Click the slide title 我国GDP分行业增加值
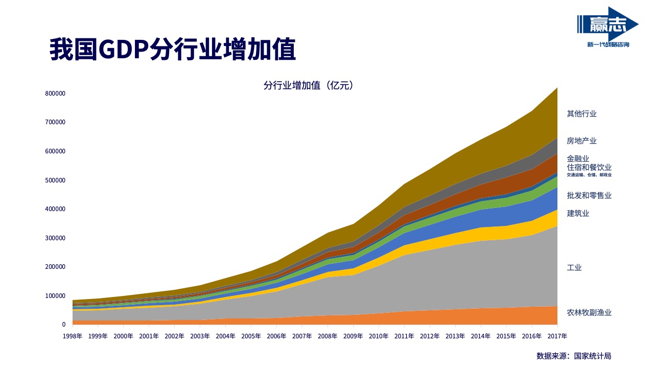173,50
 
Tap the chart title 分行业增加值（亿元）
309,86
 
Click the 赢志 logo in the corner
608,28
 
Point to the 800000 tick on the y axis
55,94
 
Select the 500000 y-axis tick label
55,180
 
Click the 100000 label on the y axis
55,296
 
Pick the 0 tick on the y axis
64,325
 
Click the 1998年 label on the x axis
73,336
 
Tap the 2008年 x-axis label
328,336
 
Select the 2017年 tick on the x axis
557,336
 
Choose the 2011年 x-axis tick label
404,336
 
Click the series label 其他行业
581,114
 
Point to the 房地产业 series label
581,141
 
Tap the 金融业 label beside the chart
578,158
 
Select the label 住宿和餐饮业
589,168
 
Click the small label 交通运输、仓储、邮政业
589,175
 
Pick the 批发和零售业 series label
589,195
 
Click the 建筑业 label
578,213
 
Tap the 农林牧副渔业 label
589,312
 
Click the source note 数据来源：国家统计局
574,356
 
